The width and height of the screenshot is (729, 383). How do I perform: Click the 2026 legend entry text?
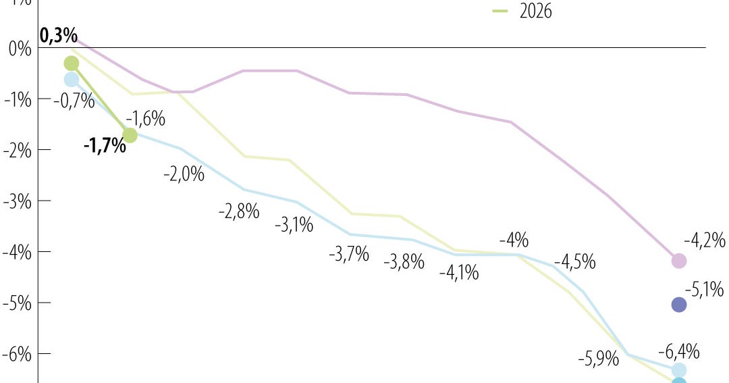click(535, 11)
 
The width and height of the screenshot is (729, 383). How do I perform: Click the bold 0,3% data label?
click(58, 36)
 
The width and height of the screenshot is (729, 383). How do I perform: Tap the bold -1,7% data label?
click(105, 145)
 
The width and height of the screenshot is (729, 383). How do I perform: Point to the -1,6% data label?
click(145, 119)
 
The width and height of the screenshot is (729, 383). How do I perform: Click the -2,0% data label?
click(184, 174)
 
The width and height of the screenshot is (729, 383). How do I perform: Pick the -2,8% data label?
click(239, 211)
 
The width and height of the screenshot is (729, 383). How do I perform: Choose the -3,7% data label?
click(349, 255)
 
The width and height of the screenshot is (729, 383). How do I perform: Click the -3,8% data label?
click(404, 261)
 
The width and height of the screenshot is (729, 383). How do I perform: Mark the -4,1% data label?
click(458, 273)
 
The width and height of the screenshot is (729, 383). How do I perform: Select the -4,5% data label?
click(574, 261)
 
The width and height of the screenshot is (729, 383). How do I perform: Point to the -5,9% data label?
click(599, 359)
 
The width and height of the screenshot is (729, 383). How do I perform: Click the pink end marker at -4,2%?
click(679, 261)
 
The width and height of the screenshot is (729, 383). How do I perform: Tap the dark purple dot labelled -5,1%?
click(679, 305)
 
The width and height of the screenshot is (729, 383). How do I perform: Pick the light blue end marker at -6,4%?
click(679, 369)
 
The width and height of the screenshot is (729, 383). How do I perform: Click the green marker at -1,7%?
click(130, 135)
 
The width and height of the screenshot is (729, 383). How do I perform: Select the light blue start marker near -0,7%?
click(72, 80)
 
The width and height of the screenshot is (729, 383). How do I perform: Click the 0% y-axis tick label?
click(20, 49)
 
